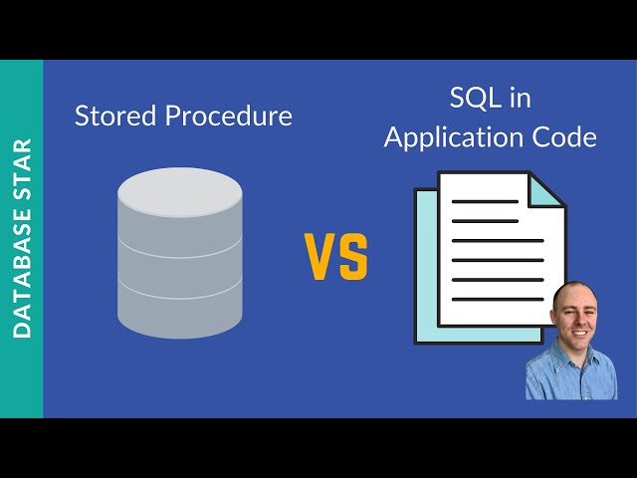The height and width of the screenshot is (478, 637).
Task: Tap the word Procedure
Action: point(229,117)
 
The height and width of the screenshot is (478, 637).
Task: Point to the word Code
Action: point(563,137)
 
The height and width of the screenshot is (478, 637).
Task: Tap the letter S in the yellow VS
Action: point(353,257)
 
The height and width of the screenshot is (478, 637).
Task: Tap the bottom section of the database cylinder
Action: point(180,309)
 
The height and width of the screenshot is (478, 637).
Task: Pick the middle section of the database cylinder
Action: point(180,265)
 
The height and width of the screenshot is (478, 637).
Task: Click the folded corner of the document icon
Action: point(546,191)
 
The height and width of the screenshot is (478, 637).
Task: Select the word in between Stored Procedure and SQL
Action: point(336,257)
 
